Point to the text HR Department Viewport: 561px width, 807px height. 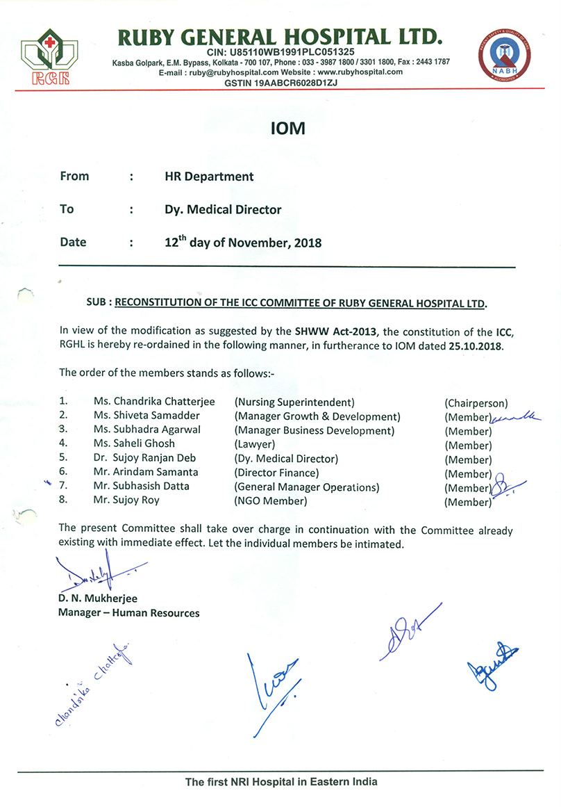coord(204,177)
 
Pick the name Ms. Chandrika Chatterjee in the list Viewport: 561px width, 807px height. coord(154,402)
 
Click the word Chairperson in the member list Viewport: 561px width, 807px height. coord(476,403)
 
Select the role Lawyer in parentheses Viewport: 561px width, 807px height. coord(255,444)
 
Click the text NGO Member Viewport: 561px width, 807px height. coord(270,500)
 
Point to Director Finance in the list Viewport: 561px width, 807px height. coord(276,473)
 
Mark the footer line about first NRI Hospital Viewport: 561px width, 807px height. coord(280,781)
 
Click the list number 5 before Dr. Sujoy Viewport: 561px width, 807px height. coord(63,458)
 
